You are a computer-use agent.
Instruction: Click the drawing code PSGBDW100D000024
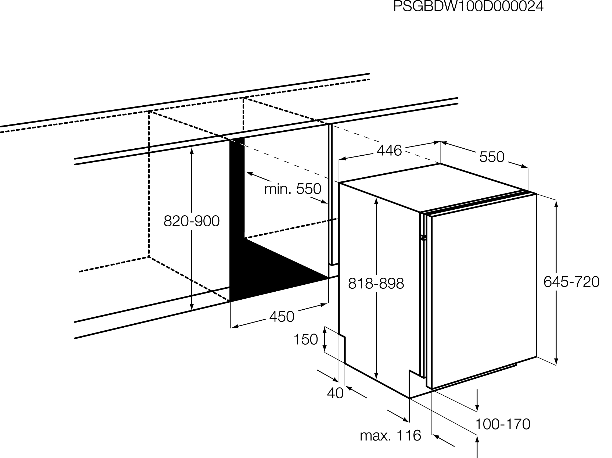pos(468,7)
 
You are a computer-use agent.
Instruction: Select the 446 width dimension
pos(389,151)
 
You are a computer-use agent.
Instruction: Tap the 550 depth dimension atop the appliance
pos(492,157)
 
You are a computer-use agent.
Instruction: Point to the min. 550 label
pos(293,189)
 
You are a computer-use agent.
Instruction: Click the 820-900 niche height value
pos(192,221)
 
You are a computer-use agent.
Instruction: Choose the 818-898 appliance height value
pos(376,284)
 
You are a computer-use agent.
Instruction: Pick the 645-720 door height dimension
pos(571,282)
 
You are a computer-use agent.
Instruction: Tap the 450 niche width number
pos(282,317)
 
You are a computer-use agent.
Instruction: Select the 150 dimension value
pos(305,339)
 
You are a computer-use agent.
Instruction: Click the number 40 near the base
pos(335,393)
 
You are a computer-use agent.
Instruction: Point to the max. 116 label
pos(390,436)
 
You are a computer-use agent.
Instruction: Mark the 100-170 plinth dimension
pos(502,424)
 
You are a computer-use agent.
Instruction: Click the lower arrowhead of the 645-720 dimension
pos(556,362)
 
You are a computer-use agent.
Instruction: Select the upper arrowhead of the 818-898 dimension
pos(376,200)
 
